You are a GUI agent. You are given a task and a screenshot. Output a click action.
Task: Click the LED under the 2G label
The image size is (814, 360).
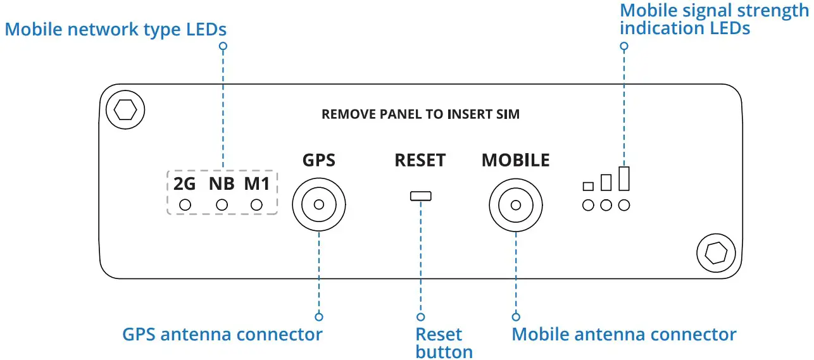coord(185,205)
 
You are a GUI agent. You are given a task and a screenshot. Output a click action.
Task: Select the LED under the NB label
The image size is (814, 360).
coord(222,205)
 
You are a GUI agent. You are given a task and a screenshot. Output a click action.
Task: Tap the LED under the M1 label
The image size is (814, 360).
coord(256,205)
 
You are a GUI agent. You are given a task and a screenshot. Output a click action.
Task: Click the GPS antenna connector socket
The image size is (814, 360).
coord(319,205)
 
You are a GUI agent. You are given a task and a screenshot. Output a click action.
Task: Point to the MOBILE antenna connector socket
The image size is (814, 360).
coord(516,205)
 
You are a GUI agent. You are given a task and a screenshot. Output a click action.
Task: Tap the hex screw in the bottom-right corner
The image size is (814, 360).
coord(716,253)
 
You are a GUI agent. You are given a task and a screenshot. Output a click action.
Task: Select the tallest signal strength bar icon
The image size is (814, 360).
coord(624,178)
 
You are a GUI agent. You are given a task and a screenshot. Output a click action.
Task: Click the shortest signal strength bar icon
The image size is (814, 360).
coord(588,186)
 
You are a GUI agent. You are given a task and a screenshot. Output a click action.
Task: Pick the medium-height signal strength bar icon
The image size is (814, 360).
coord(606,182)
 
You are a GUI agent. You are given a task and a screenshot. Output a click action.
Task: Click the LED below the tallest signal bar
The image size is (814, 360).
coord(624,205)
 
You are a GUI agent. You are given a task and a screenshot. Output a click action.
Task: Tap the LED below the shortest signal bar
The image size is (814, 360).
coord(588,205)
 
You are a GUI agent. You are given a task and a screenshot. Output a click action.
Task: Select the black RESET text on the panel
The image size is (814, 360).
coord(420,160)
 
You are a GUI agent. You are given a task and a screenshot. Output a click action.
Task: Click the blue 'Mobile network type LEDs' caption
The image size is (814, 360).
coord(116,29)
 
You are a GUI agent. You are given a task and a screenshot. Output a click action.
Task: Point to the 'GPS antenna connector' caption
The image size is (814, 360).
coord(222,334)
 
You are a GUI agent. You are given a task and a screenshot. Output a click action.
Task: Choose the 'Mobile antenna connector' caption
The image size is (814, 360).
coord(623,334)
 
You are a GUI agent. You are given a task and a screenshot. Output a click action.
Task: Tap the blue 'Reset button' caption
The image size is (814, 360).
coord(443,343)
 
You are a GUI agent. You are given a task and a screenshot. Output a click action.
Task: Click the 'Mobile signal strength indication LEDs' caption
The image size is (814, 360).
coord(714,19)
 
